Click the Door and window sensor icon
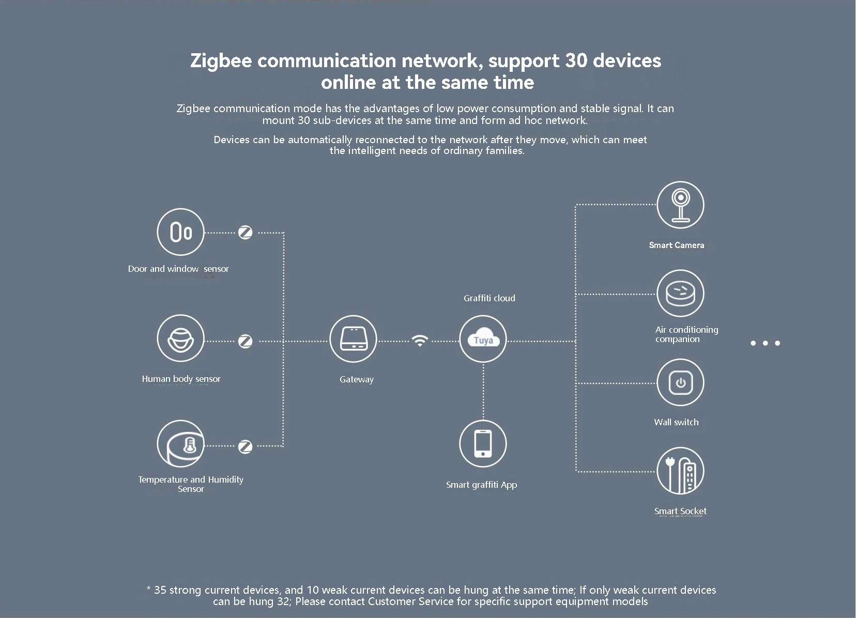180,232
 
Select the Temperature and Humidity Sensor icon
180,444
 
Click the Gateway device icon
353,339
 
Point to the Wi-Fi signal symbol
420,341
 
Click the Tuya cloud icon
483,339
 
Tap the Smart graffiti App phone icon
483,444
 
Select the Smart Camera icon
680,205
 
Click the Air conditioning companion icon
680,293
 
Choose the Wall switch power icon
680,383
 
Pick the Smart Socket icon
680,471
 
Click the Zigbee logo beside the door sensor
245,233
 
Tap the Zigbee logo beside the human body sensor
245,341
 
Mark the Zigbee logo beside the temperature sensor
245,446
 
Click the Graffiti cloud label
489,298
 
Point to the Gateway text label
356,379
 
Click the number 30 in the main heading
576,60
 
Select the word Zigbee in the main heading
221,61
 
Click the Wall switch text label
676,422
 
